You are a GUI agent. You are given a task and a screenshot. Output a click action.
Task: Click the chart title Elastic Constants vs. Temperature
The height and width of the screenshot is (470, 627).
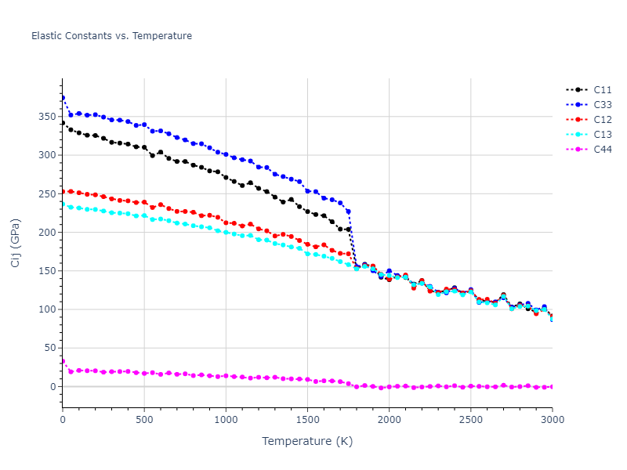111,36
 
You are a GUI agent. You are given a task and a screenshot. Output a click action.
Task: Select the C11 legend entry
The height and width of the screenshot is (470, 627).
603,90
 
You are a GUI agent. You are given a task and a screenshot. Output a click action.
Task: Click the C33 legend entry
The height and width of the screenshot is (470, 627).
603,105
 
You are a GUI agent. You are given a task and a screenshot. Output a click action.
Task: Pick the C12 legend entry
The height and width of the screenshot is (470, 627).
603,120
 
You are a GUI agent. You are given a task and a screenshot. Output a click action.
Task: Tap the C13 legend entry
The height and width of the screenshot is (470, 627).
603,135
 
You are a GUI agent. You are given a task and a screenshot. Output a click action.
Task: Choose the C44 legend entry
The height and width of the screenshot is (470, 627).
603,150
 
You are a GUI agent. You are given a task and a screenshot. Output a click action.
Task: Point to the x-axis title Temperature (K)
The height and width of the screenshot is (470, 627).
307,442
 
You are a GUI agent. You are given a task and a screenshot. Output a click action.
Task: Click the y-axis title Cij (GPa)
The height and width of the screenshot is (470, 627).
16,242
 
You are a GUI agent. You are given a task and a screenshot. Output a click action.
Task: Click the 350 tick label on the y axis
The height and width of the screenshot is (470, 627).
49,117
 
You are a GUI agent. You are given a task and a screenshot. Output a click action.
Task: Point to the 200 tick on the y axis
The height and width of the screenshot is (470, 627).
49,233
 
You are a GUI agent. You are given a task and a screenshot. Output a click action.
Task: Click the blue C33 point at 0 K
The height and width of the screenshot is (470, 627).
63,98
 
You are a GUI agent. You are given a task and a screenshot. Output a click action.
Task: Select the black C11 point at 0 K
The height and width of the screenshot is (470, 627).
63,123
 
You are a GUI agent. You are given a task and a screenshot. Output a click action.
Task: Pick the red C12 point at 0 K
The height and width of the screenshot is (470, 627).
63,191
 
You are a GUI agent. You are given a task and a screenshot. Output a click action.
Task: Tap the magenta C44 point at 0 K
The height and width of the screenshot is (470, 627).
63,361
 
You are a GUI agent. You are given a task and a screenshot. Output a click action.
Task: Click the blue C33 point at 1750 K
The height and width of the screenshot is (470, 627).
348,211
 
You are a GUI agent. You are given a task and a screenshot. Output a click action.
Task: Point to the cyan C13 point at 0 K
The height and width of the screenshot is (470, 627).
63,204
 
